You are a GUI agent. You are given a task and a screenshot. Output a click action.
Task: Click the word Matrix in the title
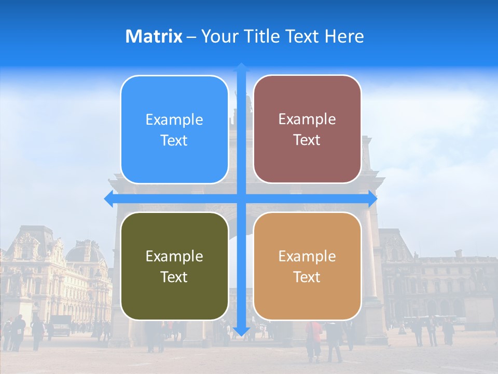[154, 36]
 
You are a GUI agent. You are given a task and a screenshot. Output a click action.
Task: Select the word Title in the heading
[262, 36]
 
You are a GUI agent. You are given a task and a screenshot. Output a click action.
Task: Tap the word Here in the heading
[344, 36]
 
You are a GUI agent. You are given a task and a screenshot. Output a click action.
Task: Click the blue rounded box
[174, 129]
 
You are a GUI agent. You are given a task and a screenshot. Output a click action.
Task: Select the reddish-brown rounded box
[307, 129]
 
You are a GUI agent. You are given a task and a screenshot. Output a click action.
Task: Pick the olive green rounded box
[174, 266]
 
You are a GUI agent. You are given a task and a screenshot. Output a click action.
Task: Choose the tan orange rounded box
[307, 266]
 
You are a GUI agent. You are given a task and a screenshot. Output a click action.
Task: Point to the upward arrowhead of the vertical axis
[241, 67]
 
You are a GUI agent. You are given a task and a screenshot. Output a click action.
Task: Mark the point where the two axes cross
[241, 199]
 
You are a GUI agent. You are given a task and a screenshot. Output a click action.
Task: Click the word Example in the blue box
[174, 119]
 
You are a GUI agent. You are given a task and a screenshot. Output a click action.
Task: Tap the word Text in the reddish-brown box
[307, 140]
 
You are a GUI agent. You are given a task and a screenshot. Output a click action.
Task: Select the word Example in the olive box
[174, 256]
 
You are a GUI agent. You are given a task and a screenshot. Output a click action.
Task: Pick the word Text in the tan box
[307, 277]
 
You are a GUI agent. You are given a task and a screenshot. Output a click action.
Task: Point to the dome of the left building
[86, 252]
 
